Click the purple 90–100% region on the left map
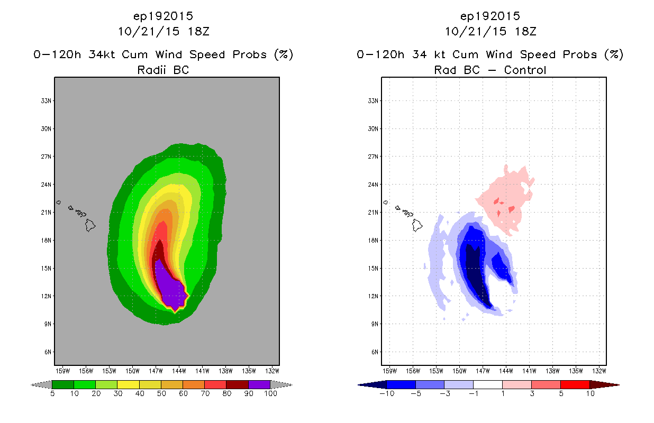(x=171, y=287)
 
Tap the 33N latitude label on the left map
(x=46, y=101)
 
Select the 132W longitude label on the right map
(x=599, y=371)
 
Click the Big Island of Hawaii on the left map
(x=90, y=225)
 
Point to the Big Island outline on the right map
(x=417, y=225)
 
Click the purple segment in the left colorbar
(x=259, y=384)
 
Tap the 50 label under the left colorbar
(x=161, y=393)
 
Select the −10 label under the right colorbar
(x=387, y=393)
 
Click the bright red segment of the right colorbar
(x=575, y=384)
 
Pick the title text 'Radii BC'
(x=163, y=70)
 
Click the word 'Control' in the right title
(x=525, y=70)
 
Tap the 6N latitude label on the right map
(x=375, y=352)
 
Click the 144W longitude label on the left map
(x=179, y=371)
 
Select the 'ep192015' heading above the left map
(x=163, y=16)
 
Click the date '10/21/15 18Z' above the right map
(x=490, y=31)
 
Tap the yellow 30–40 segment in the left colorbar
(x=128, y=384)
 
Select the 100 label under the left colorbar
(x=270, y=393)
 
